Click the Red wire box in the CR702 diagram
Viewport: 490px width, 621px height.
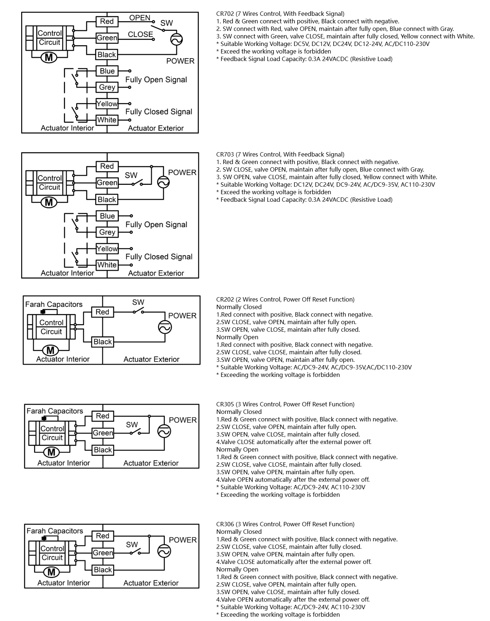(107, 22)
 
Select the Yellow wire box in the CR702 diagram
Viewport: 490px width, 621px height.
(107, 104)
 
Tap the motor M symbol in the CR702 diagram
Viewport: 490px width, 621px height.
(49, 57)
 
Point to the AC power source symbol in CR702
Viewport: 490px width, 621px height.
(176, 39)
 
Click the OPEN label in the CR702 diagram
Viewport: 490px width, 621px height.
(140, 18)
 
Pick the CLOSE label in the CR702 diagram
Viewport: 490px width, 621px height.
(140, 34)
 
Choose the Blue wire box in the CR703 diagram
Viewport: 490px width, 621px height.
(107, 216)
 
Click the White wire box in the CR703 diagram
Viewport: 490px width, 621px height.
(107, 265)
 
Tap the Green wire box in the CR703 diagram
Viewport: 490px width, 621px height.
(107, 183)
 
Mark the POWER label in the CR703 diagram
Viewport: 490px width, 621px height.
(182, 173)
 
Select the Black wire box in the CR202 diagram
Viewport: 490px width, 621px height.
(103, 342)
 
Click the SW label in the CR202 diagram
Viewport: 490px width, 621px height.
(138, 302)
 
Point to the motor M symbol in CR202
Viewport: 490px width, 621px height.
(51, 350)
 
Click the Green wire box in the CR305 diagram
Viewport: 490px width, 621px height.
(103, 433)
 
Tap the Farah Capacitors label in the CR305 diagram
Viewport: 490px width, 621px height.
(55, 411)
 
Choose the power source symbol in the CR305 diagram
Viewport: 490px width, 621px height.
(164, 431)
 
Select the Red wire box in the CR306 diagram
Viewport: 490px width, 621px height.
(103, 536)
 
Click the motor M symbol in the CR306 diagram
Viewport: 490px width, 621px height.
(51, 572)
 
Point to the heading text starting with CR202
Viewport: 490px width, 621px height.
(285, 299)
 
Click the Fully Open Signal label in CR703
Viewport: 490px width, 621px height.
(156, 225)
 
